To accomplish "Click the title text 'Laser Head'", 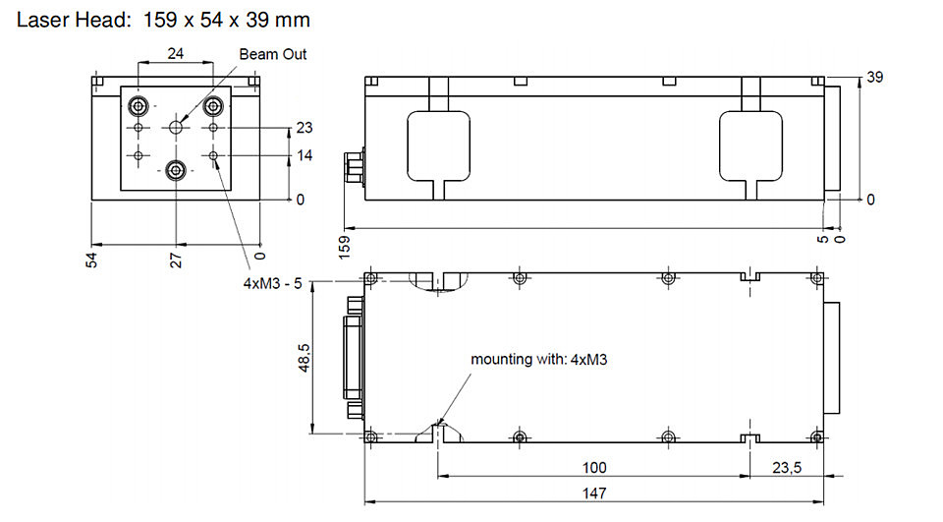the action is [73, 20].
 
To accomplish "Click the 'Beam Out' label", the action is [272, 54].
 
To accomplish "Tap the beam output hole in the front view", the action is [176, 127].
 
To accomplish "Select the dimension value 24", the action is [175, 54].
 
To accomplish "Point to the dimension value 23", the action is [305, 128].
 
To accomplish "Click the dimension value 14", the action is [305, 155].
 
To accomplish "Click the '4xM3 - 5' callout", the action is [272, 283].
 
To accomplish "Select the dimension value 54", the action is [91, 261].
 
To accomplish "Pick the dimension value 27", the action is [176, 261].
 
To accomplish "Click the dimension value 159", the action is [345, 248].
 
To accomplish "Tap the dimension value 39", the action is [874, 77].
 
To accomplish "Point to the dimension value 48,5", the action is [304, 358].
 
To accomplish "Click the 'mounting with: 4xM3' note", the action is [539, 360].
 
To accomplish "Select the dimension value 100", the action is [594, 467].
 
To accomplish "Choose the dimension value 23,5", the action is [787, 467].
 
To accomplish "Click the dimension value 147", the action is [594, 493].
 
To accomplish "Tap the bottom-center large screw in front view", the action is [176, 171].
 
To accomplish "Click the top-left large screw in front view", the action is [139, 107].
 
